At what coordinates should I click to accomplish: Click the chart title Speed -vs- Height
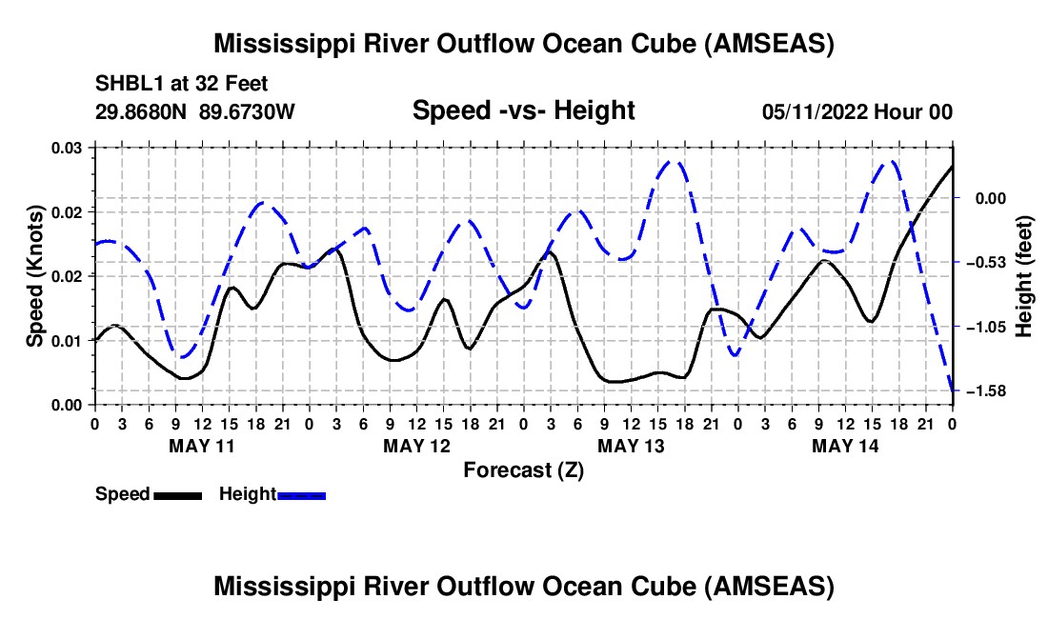point(523,111)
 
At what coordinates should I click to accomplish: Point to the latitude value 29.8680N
point(142,111)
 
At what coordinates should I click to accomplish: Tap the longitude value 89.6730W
point(248,111)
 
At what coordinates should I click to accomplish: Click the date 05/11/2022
point(813,111)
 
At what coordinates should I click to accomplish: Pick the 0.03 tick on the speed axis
point(67,148)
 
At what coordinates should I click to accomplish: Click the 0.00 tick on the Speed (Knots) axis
point(67,405)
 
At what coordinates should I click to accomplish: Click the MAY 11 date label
point(202,445)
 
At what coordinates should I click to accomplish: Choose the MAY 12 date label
point(416,445)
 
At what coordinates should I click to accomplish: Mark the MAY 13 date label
point(631,445)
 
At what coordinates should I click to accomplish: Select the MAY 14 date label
point(845,445)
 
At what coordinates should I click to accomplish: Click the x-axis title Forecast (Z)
point(523,469)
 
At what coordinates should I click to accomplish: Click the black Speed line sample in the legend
point(176,495)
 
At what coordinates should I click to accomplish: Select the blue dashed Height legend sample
point(302,495)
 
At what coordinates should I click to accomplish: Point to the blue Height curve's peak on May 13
point(672,161)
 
